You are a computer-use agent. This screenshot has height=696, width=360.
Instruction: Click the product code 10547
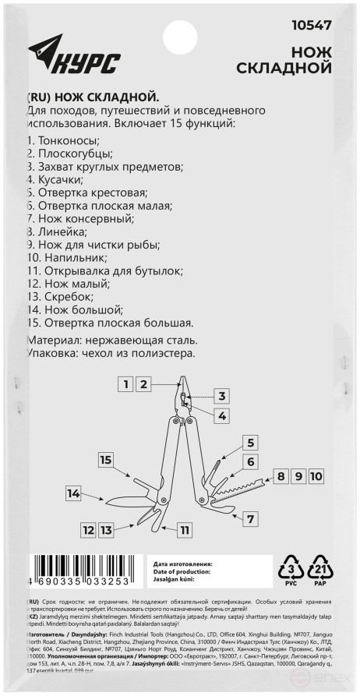tap(310, 25)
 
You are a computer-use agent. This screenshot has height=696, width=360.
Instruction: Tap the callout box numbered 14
tap(74, 493)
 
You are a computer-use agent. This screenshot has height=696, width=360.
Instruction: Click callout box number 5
tap(250, 443)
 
